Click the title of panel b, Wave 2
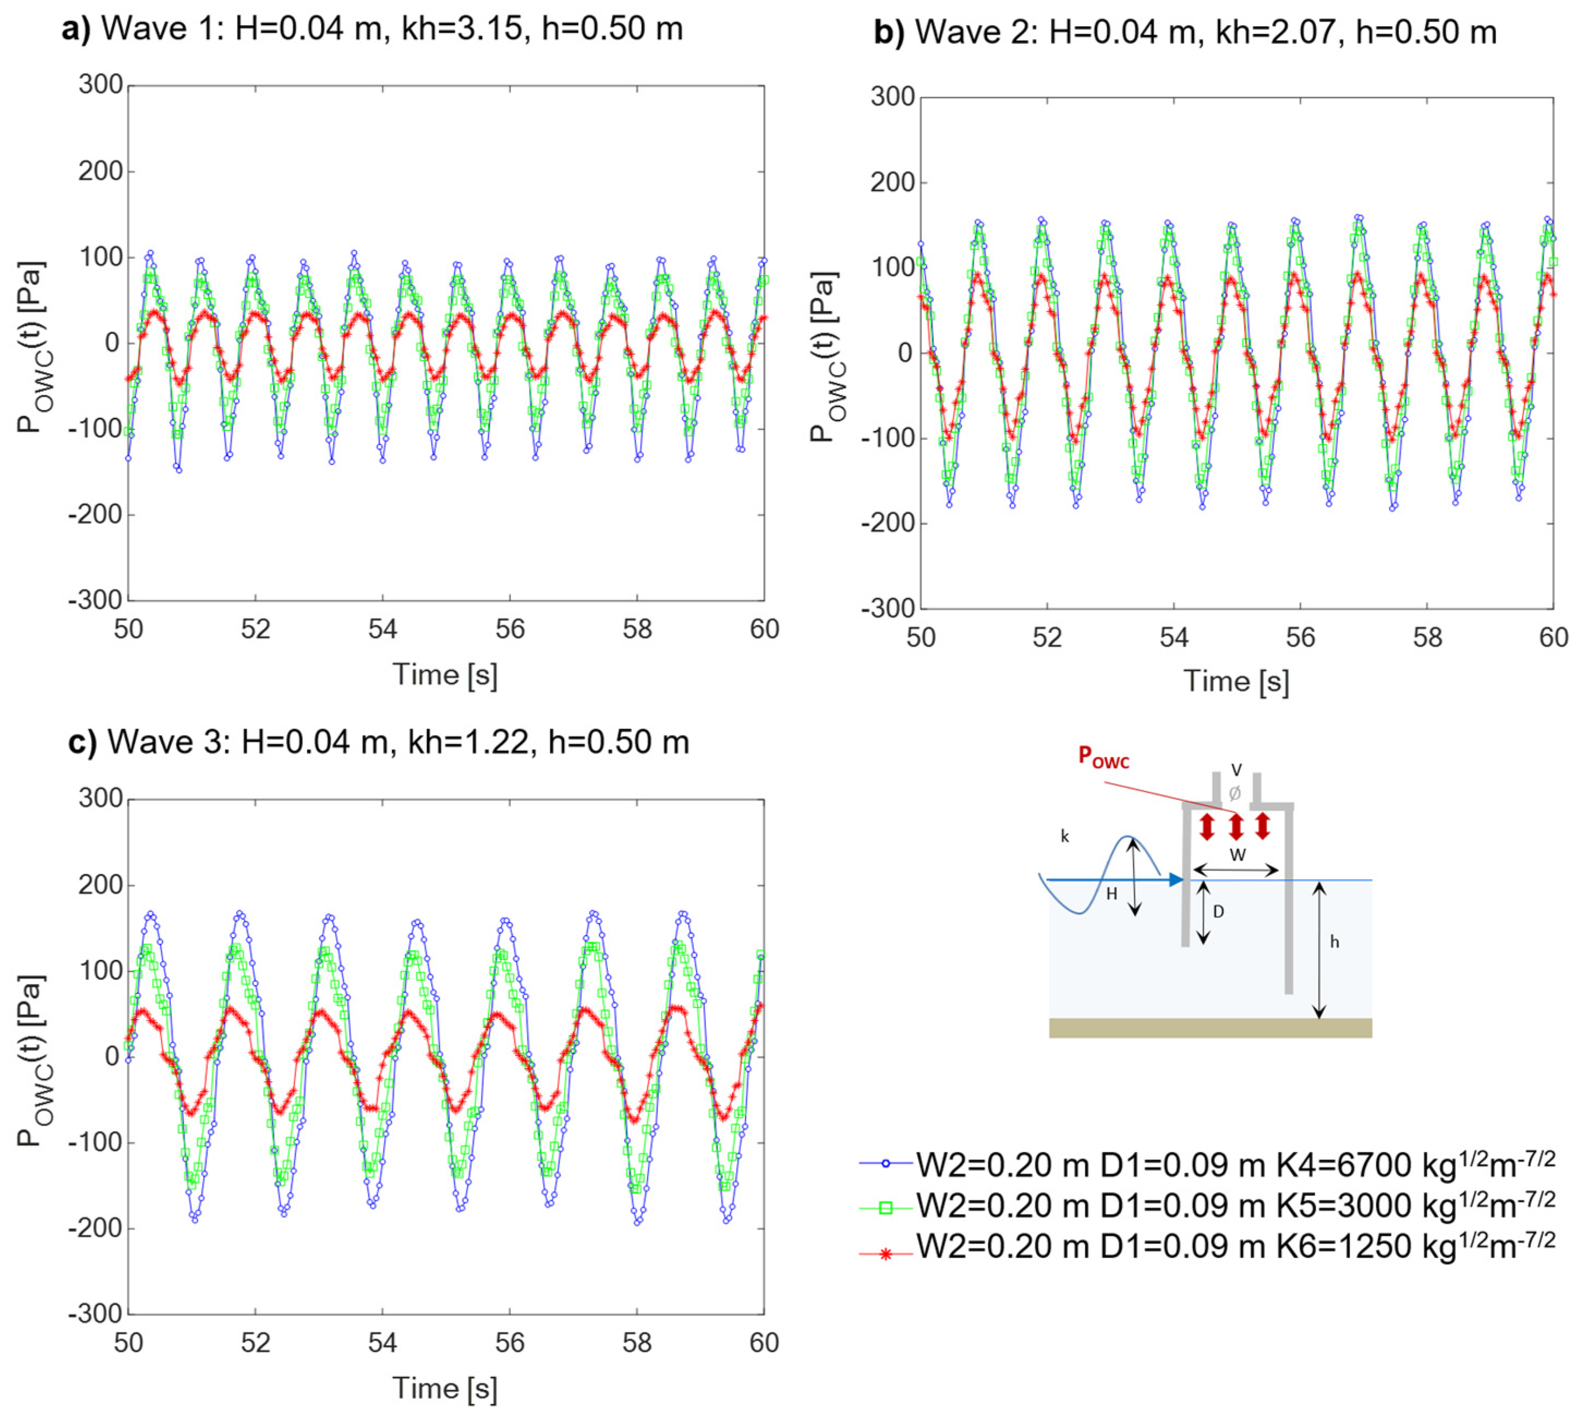coord(1184,32)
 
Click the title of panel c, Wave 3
coord(379,742)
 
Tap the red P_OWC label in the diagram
coord(1103,757)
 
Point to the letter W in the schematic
coord(1237,855)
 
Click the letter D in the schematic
coord(1218,911)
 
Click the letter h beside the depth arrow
coord(1334,943)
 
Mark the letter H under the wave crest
coord(1111,894)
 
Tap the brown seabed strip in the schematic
coord(1209,1028)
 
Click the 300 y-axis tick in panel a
coord(101,85)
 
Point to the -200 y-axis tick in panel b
coord(886,523)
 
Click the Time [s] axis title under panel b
coord(1236,682)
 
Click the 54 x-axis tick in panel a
coord(382,629)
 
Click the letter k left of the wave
coord(1065,837)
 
